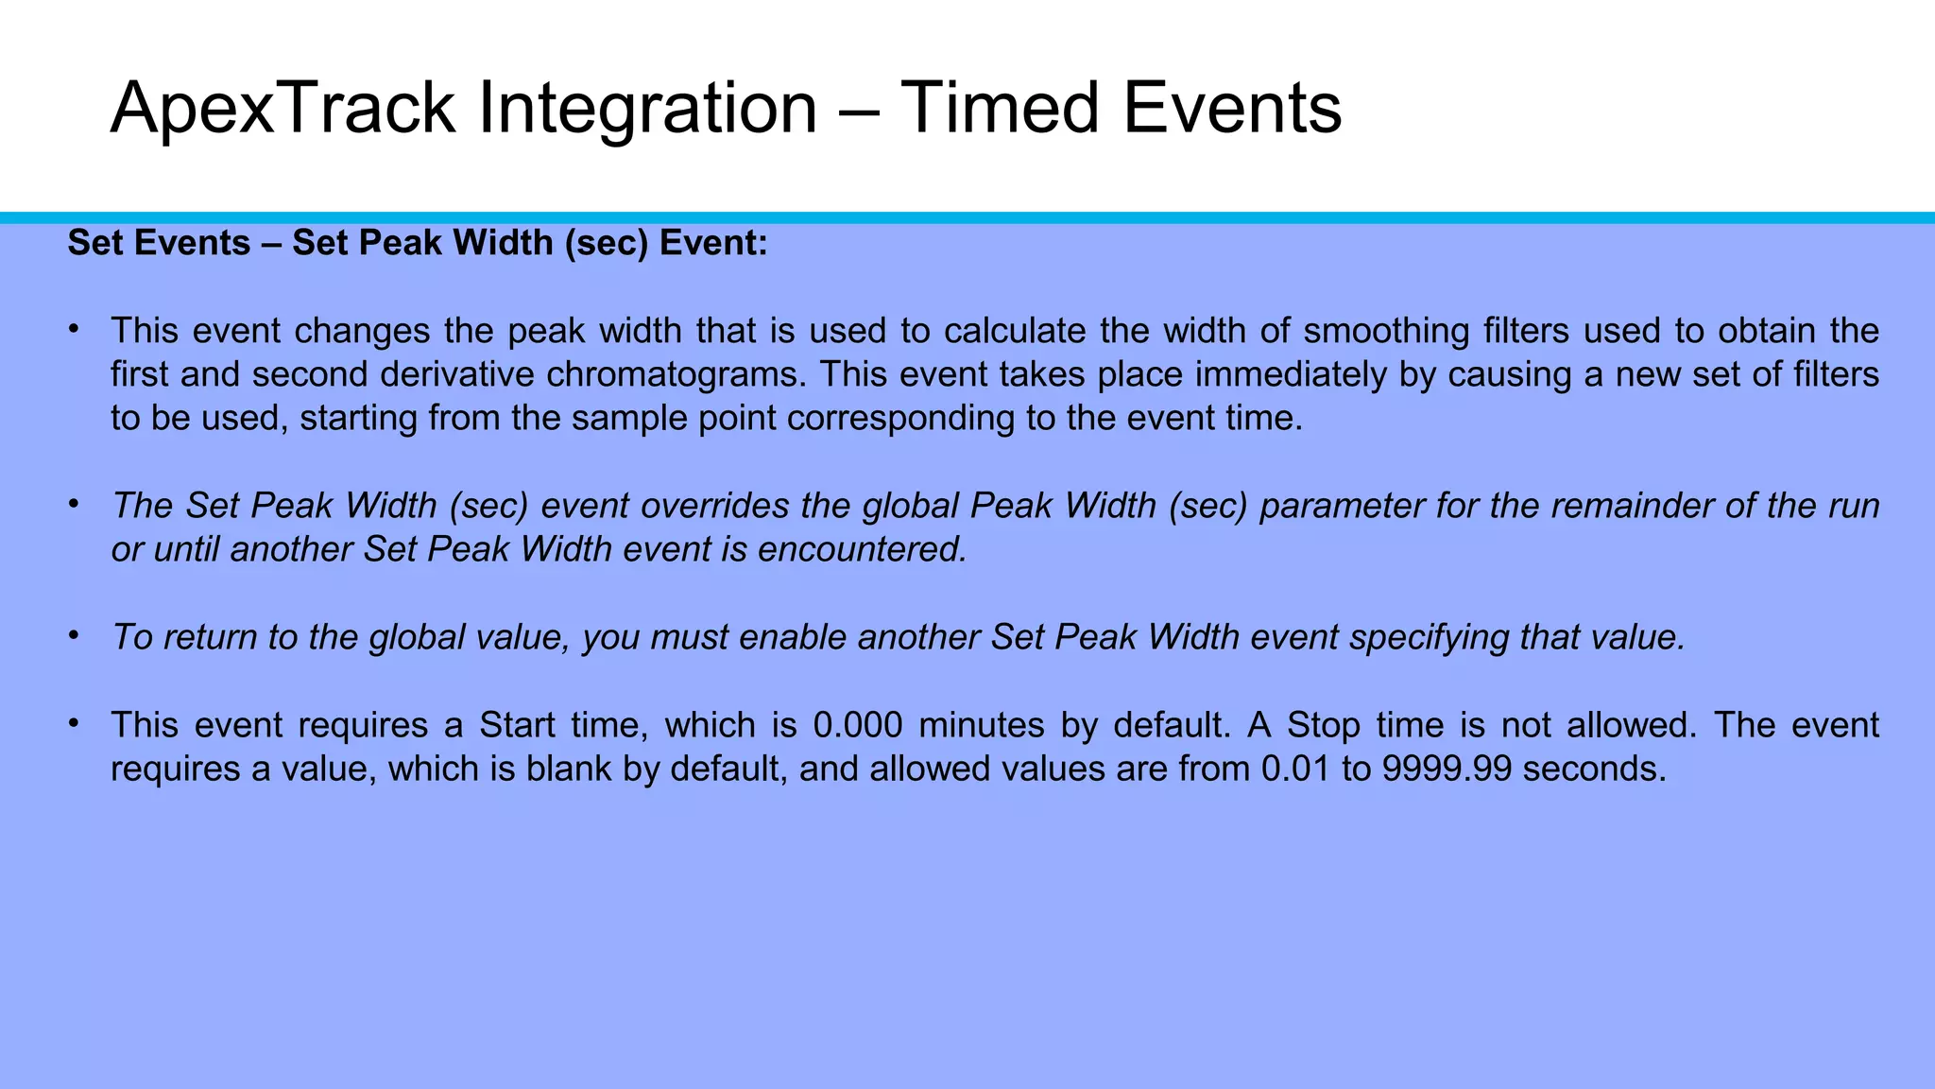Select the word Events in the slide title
pos(1232,109)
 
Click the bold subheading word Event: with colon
pos(713,243)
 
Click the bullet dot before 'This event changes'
pos(73,330)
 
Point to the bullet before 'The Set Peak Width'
pos(73,505)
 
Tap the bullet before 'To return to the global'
pos(73,636)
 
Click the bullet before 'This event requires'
pos(73,724)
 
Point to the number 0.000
pos(857,725)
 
